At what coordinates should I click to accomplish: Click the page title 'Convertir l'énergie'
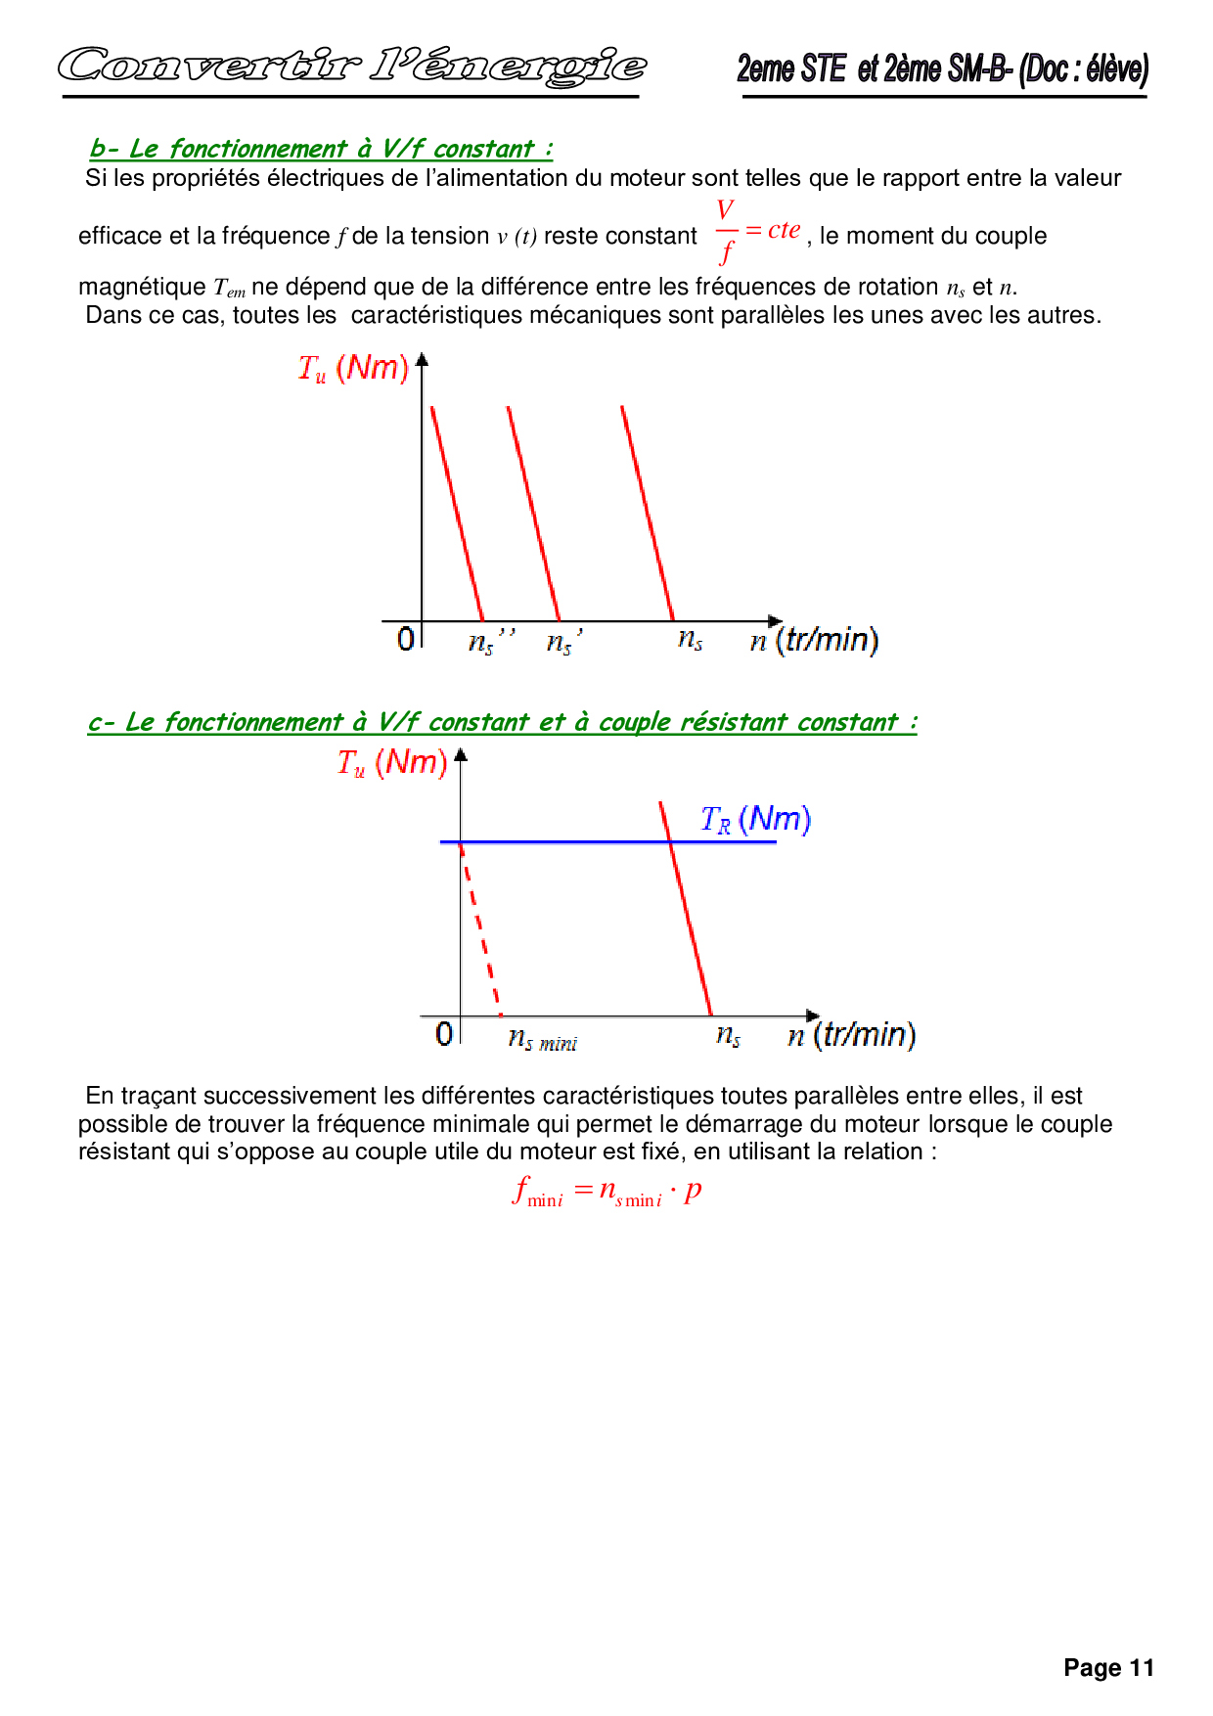pyautogui.click(x=351, y=67)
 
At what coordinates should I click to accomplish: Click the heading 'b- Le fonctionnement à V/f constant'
pyautogui.click(x=321, y=149)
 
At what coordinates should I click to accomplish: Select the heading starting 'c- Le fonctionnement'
pyautogui.click(x=502, y=722)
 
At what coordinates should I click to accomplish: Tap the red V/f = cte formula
pyautogui.click(x=757, y=231)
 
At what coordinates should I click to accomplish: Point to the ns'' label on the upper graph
pyautogui.click(x=490, y=641)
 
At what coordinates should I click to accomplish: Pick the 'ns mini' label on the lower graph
pyautogui.click(x=542, y=1039)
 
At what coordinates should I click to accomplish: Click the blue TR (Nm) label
pyautogui.click(x=755, y=819)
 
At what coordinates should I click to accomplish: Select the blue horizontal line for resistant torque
pyautogui.click(x=567, y=841)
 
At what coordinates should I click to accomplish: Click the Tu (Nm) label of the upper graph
pyautogui.click(x=353, y=368)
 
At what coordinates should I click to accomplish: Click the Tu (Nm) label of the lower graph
pyautogui.click(x=391, y=762)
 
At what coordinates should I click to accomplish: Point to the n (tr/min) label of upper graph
pyautogui.click(x=814, y=640)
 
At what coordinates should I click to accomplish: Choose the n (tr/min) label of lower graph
pyautogui.click(x=851, y=1034)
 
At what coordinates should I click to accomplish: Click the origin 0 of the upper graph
pyautogui.click(x=406, y=639)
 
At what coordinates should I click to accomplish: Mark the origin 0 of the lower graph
pyautogui.click(x=444, y=1033)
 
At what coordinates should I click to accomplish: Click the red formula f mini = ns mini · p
pyautogui.click(x=607, y=1192)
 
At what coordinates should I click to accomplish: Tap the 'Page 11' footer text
pyautogui.click(x=1108, y=1668)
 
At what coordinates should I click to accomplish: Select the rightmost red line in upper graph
pyautogui.click(x=648, y=514)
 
